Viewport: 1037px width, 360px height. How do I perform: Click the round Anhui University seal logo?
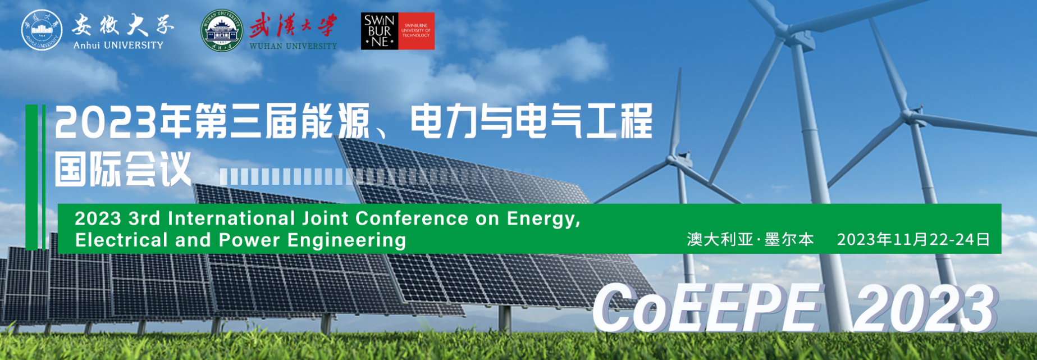point(42,30)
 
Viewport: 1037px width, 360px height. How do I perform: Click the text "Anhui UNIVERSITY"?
point(118,45)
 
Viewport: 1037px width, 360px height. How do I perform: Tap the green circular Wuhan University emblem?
point(222,30)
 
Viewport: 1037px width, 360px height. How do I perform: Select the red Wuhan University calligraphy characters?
point(293,26)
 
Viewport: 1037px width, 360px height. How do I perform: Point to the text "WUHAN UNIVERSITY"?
point(293,46)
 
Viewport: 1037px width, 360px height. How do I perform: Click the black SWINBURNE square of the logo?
point(380,31)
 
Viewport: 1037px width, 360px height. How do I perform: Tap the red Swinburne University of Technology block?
point(416,31)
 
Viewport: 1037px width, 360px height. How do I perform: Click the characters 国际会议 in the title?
point(124,168)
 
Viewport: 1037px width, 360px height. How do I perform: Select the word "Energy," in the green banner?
point(543,219)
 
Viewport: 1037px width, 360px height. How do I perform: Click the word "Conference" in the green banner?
point(412,218)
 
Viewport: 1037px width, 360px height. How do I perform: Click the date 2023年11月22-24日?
point(913,240)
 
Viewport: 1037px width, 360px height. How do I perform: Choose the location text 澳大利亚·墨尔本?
point(750,240)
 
